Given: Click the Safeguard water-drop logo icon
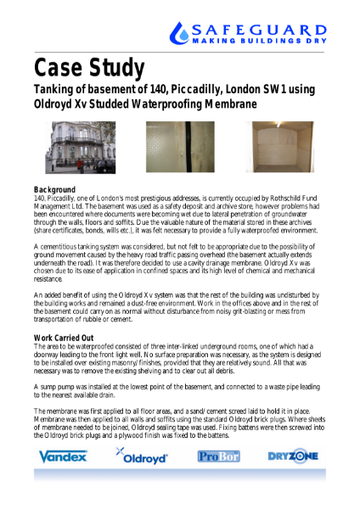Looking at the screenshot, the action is coord(181,33).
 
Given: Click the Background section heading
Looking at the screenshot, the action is coord(54,188).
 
